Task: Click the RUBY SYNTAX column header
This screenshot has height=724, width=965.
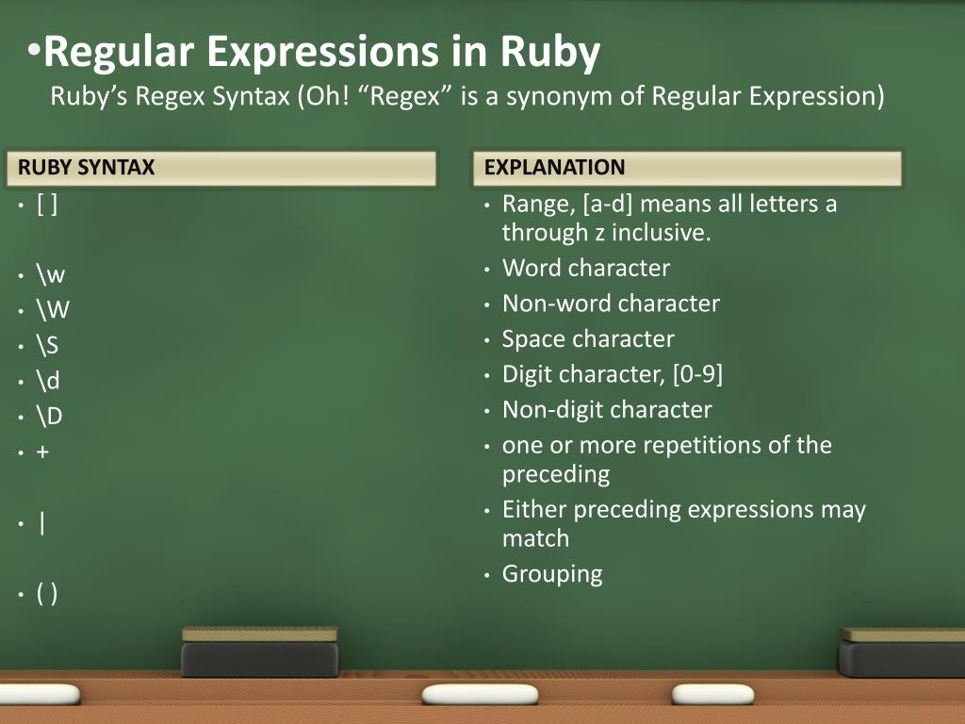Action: point(86,168)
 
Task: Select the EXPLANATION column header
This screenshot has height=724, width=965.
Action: point(554,168)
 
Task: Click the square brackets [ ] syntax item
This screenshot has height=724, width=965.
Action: point(47,204)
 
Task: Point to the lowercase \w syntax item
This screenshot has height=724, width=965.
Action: point(51,275)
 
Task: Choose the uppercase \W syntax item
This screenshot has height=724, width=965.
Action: point(54,310)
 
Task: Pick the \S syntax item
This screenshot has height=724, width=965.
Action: point(48,345)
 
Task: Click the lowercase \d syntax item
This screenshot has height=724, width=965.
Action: point(48,381)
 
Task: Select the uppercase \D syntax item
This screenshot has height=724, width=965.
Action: point(50,416)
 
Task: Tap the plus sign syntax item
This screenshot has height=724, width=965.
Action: point(43,452)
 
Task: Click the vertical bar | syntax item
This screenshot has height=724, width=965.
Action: point(42,523)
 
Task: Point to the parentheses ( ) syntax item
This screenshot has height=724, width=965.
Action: point(47,594)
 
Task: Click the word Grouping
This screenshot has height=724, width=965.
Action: point(552,573)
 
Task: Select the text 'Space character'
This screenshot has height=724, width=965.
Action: point(588,338)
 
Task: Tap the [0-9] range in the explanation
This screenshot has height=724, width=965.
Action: point(698,374)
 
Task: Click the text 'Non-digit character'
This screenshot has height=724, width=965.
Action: point(607,410)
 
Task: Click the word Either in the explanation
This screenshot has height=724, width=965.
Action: point(534,510)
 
